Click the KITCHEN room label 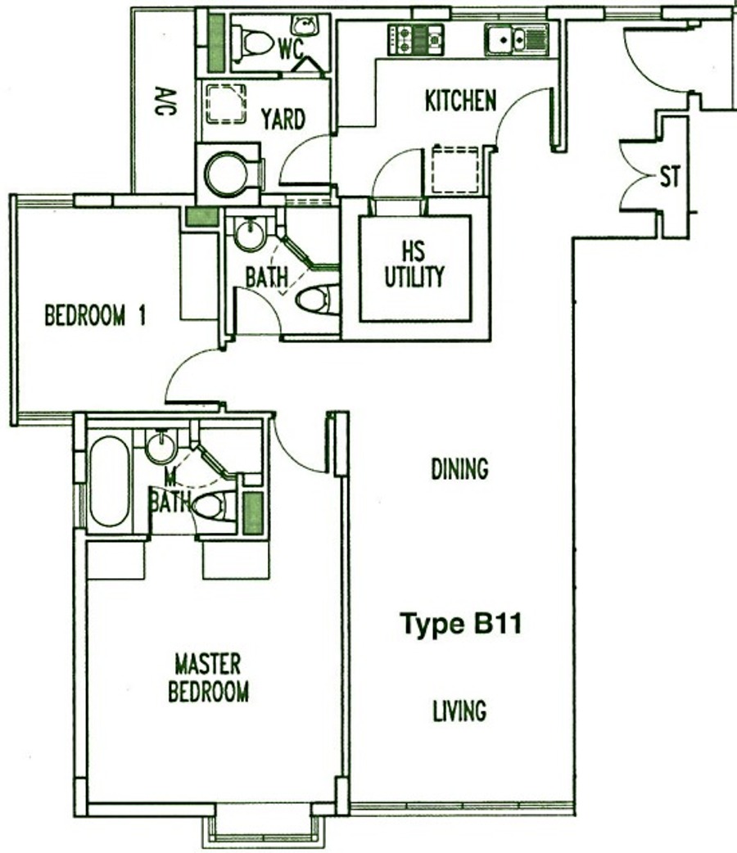[x=460, y=102]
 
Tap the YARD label [x=283, y=120]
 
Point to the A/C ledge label [x=160, y=102]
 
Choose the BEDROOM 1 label [x=95, y=315]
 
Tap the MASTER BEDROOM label [x=208, y=679]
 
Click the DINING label [x=459, y=469]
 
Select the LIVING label [x=459, y=711]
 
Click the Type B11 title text [x=461, y=624]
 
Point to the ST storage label [x=670, y=178]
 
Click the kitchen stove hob [x=415, y=39]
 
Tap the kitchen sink [x=516, y=39]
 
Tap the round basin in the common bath [x=250, y=232]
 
